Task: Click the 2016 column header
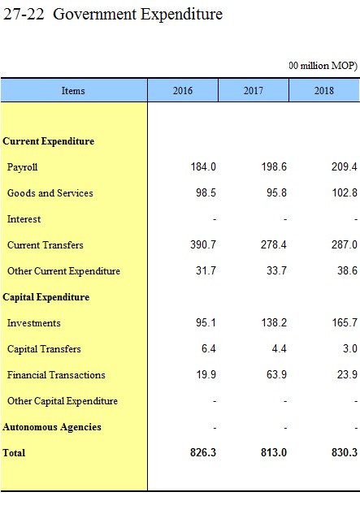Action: tap(183, 90)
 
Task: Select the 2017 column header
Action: tap(254, 90)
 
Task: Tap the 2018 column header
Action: tap(324, 90)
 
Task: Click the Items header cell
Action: tap(73, 90)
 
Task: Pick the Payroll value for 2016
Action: tap(203, 166)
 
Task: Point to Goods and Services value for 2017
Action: tap(276, 192)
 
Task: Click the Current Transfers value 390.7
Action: tap(203, 244)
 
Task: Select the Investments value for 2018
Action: tap(345, 322)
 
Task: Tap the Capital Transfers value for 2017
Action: tap(279, 348)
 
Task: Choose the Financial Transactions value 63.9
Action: tap(276, 374)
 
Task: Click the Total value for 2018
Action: tap(345, 452)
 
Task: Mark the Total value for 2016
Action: tap(203, 452)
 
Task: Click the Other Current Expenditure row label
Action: tap(64, 271)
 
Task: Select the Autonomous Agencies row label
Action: tap(52, 427)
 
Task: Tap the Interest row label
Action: tap(24, 219)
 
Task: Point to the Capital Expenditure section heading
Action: tap(46, 297)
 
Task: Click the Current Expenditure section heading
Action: tap(48, 141)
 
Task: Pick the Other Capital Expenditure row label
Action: tap(63, 401)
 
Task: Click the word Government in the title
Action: tap(95, 14)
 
